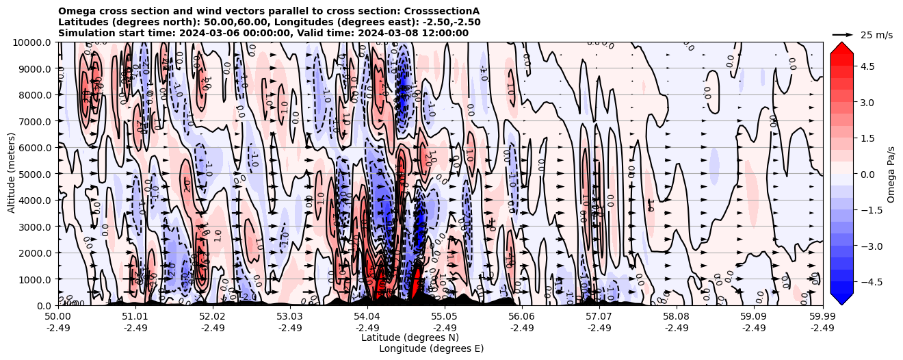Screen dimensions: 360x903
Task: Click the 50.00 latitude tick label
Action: [x=58, y=317]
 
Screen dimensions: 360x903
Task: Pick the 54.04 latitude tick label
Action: [x=367, y=317]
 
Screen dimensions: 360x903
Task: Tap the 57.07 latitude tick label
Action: [x=599, y=317]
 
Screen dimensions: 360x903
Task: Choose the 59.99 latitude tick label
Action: [x=822, y=317]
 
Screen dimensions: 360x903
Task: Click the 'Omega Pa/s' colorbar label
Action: [x=891, y=174]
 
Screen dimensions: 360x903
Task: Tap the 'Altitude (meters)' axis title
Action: [x=12, y=174]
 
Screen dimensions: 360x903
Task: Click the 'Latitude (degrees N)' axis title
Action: [x=410, y=337]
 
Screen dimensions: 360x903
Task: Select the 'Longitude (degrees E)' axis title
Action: [x=431, y=348]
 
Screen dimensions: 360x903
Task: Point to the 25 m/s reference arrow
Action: [x=843, y=34]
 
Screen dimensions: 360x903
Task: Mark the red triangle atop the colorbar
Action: [x=841, y=47]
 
